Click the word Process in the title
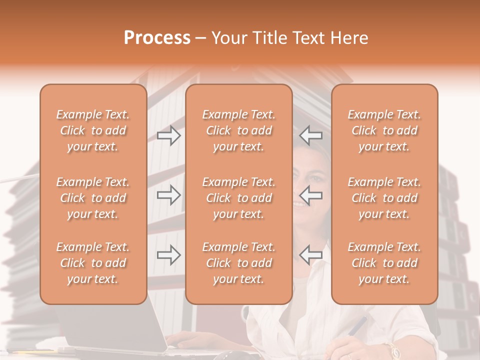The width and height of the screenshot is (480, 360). tap(157, 38)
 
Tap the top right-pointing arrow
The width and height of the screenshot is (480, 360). tap(168, 135)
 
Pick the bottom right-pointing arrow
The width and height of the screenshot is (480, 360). tap(168, 255)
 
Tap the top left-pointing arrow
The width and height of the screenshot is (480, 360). tap(310, 135)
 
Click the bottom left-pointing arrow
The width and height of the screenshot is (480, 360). tap(310, 255)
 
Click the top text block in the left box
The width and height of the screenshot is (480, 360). tap(93, 130)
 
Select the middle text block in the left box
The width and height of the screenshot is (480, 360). tap(93, 198)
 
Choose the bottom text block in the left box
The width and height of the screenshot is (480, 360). tap(93, 263)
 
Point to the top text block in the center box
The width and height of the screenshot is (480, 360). tap(239, 130)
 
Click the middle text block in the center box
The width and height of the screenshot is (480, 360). tap(239, 198)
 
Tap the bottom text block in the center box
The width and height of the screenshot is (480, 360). tap(239, 263)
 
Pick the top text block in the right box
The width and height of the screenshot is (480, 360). tap(384, 130)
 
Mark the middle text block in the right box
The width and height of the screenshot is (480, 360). tap(384, 198)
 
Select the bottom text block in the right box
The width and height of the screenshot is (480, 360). tap(384, 263)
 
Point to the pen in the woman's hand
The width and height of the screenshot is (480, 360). tap(357, 326)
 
